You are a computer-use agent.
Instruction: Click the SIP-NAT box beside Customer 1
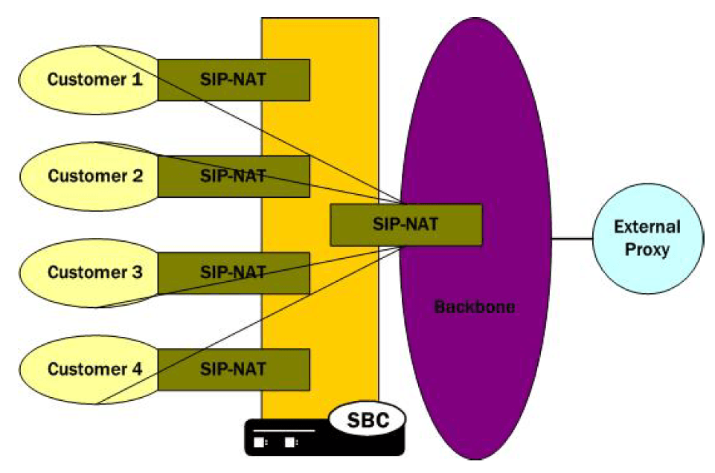pos(233,80)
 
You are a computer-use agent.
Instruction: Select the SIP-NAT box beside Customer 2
pos(233,176)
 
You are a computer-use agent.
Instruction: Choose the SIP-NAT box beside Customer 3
pos(233,273)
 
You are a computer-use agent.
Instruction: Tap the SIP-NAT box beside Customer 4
pos(233,370)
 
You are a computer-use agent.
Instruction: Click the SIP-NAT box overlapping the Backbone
pos(406,224)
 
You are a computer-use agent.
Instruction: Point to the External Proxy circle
pos(647,238)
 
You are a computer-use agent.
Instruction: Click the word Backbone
pos(474,306)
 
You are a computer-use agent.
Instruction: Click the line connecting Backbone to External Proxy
pos(571,239)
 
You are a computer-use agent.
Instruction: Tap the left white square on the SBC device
pos(260,442)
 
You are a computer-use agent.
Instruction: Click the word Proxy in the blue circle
pos(647,249)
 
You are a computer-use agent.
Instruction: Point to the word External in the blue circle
pos(647,227)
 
